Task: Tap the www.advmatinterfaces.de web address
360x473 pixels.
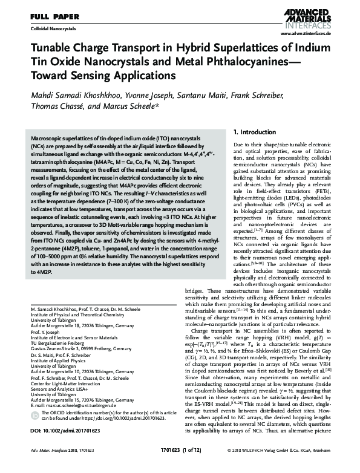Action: (309, 35)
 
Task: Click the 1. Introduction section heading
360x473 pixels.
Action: (254, 131)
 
